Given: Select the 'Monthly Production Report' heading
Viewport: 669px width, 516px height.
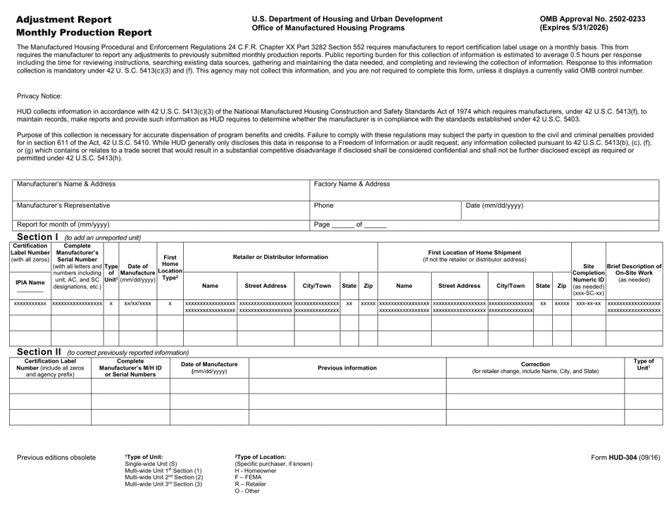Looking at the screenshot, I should click(84, 32).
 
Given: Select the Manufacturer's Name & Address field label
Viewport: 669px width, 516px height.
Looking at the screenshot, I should click(66, 184).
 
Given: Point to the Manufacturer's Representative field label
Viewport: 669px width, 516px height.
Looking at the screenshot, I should click(63, 206).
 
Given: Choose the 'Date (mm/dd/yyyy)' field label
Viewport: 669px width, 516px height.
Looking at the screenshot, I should click(495, 206).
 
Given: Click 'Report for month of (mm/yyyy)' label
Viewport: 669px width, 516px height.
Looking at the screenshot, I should click(63, 225).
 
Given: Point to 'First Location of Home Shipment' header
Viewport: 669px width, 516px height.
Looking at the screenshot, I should click(473, 252).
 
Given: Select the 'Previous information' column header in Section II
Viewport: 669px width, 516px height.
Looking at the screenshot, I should click(347, 367).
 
